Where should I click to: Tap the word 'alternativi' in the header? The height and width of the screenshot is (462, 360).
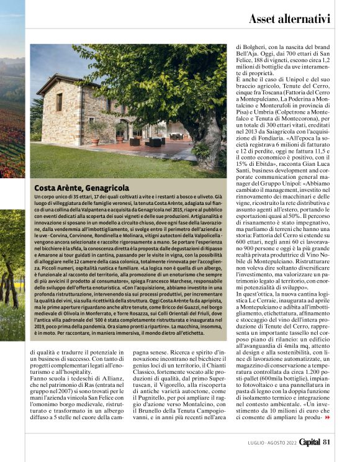[308, 19]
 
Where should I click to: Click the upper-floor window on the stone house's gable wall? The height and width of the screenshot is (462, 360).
[60, 101]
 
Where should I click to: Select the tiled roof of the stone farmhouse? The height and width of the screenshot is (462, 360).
[68, 81]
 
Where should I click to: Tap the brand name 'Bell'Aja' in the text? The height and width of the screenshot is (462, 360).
[248, 53]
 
